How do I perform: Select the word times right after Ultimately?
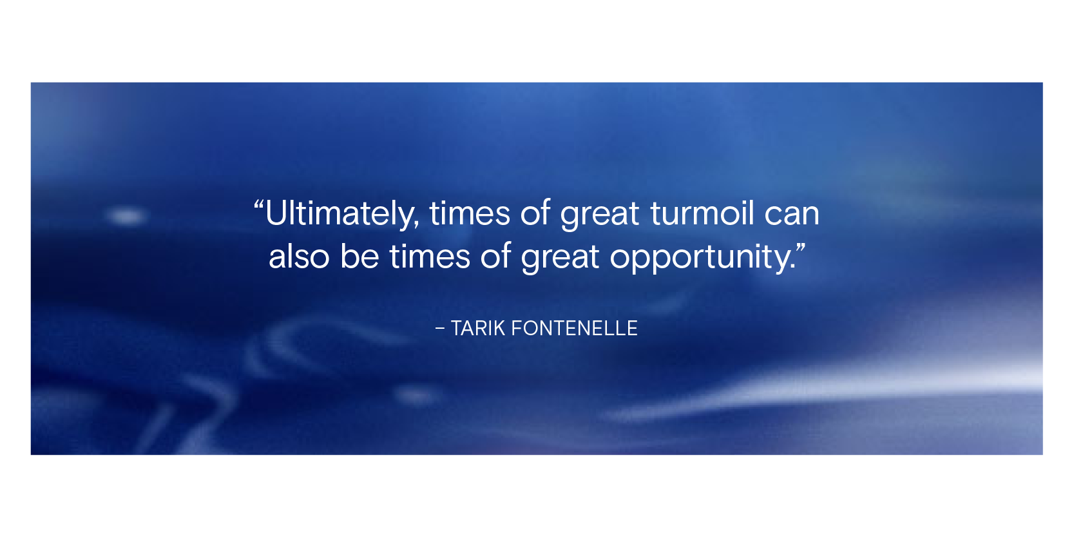tap(470, 213)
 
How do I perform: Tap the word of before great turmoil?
tap(535, 213)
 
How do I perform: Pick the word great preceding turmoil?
tap(599, 215)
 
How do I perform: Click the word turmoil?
tap(702, 213)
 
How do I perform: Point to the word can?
tap(792, 215)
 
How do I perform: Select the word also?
tap(299, 256)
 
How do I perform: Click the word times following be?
tap(430, 257)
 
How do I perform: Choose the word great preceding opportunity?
tap(559, 259)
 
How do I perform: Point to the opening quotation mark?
tap(259, 206)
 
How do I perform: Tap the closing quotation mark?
tap(800, 249)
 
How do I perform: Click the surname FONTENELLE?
tap(575, 329)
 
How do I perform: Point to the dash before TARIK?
tap(439, 329)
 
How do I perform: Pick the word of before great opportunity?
tap(495, 256)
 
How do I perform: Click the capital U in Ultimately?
tap(275, 213)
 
